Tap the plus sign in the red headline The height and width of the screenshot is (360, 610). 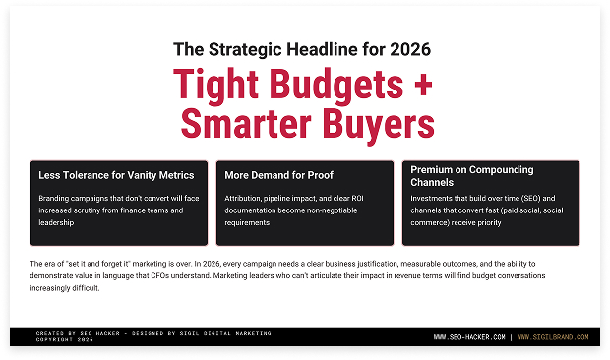(x=422, y=85)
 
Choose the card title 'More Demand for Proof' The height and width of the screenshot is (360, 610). (x=278, y=175)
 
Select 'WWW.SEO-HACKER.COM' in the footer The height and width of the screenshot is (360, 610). (x=470, y=337)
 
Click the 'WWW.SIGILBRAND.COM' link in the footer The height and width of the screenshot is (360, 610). (x=552, y=337)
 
